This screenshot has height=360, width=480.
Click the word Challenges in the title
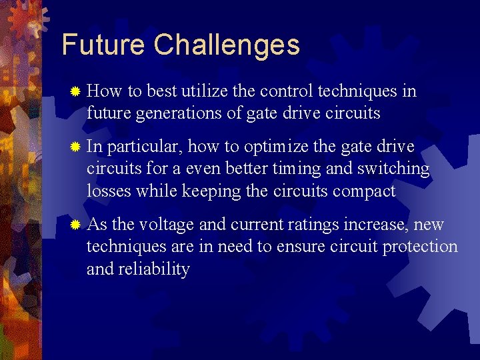click(227, 45)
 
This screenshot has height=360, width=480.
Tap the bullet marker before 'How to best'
click(76, 91)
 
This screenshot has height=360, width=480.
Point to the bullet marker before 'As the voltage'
click(76, 225)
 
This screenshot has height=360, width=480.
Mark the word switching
click(395, 169)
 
